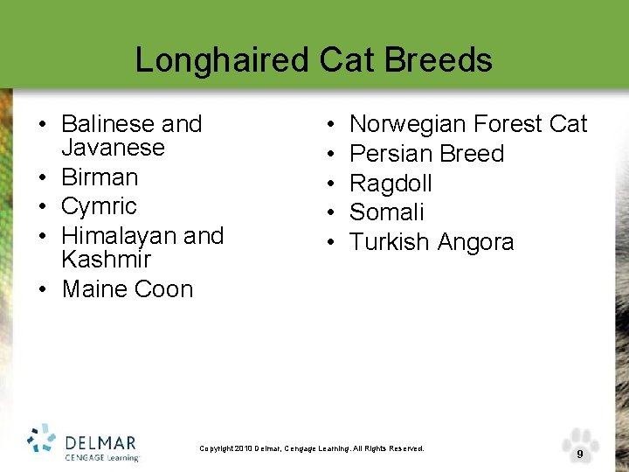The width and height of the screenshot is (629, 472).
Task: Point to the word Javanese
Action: [113, 147]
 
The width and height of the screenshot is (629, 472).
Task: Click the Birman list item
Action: [100, 177]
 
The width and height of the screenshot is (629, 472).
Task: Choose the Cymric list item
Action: [99, 206]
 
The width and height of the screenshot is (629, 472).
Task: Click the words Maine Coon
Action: [128, 288]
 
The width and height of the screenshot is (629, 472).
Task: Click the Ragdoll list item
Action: [391, 184]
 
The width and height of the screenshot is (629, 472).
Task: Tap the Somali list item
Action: [386, 212]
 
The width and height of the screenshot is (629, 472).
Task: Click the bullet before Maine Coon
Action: [42, 289]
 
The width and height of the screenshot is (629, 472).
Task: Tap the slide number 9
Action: [579, 455]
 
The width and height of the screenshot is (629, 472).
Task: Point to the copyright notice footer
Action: [312, 448]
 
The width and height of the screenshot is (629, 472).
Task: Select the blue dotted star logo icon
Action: [41, 440]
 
